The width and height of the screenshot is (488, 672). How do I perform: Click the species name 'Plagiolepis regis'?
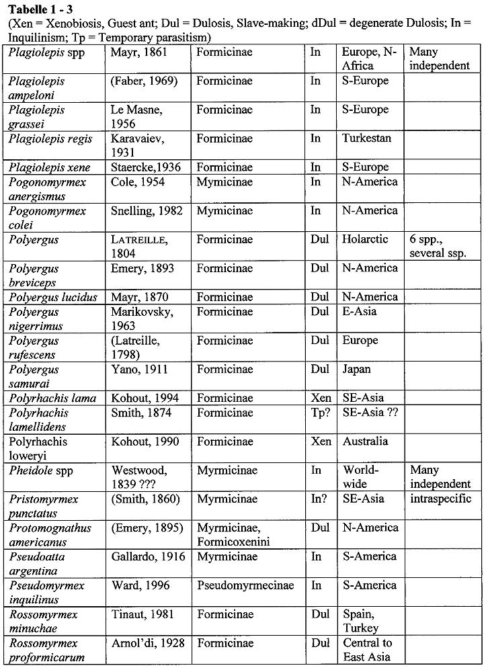50,138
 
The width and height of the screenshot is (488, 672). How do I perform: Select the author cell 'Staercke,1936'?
145,167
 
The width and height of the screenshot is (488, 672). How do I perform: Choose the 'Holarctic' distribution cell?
364,240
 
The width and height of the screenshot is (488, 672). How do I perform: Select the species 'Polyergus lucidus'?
53,297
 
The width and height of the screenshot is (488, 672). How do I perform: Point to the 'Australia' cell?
365,442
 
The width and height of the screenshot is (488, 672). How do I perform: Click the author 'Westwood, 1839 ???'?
143,477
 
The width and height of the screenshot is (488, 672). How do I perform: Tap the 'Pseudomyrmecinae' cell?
245,585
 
